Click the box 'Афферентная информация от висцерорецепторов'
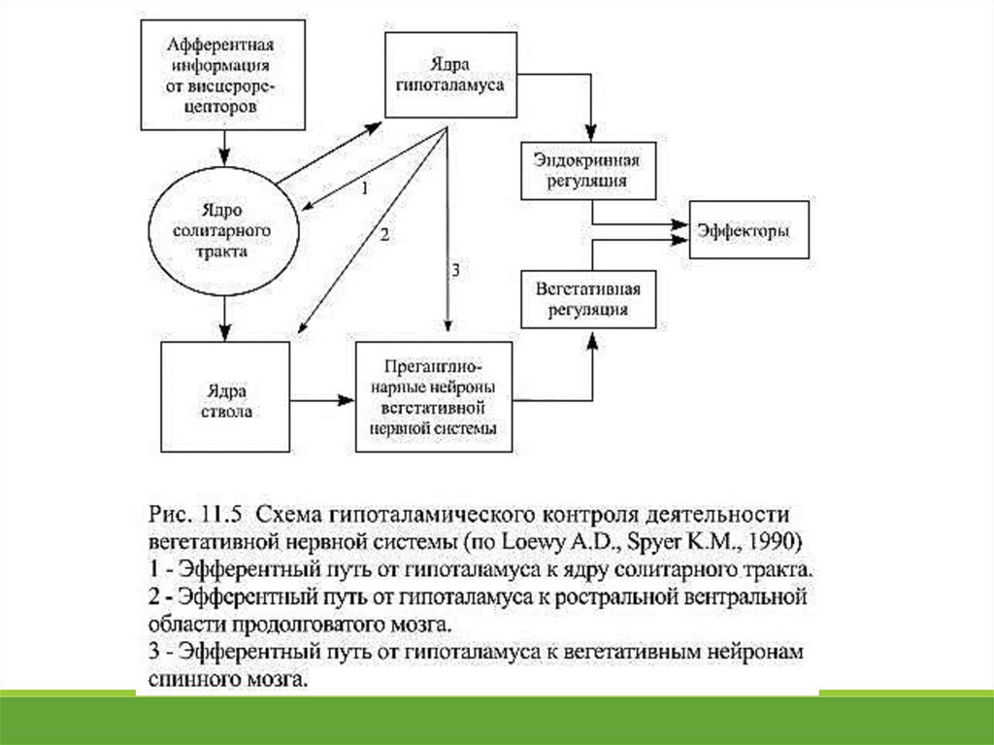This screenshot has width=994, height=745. [224, 76]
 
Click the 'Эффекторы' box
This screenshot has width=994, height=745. [748, 230]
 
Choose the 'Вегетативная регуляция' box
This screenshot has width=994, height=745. [588, 298]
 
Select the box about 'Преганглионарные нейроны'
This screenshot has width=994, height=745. [434, 397]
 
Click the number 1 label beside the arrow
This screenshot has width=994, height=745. [364, 188]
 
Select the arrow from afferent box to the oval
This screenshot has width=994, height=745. [224, 146]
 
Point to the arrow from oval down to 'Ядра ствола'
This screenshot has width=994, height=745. [224, 315]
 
